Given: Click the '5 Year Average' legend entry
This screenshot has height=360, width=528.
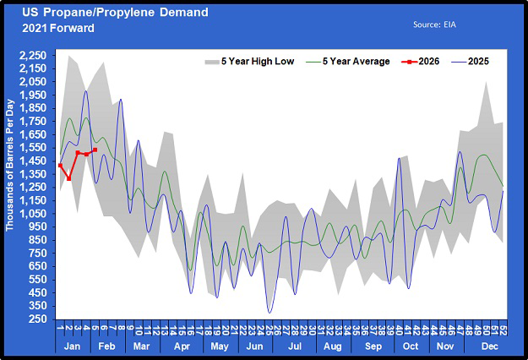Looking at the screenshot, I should coord(349,61).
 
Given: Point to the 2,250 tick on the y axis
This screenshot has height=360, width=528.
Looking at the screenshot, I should coord(35,56).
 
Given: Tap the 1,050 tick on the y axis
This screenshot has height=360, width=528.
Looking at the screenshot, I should coord(35,214).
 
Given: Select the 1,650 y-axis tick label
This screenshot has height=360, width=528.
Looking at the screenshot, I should coord(35,134).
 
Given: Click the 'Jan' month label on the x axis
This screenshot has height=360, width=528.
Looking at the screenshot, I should coord(73,346).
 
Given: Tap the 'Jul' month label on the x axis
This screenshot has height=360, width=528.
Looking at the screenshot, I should coord(295,346).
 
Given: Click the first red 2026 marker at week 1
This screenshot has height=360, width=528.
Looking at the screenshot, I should coord(60,166).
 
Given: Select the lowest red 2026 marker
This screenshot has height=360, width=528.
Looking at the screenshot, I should coord(68,178).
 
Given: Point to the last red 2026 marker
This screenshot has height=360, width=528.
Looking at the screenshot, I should coord(95,150).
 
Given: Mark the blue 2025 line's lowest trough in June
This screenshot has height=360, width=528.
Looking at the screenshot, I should coord(270,313).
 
